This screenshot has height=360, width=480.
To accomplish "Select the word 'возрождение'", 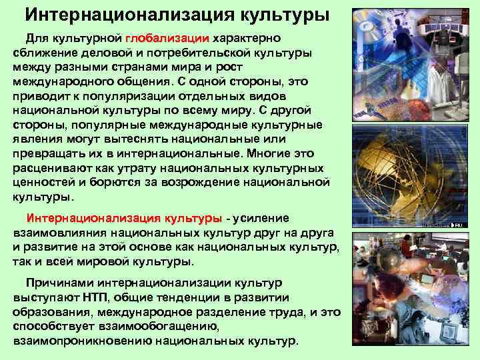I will click(203, 183).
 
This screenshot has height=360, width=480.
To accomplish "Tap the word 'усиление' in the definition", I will click(261, 218).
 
